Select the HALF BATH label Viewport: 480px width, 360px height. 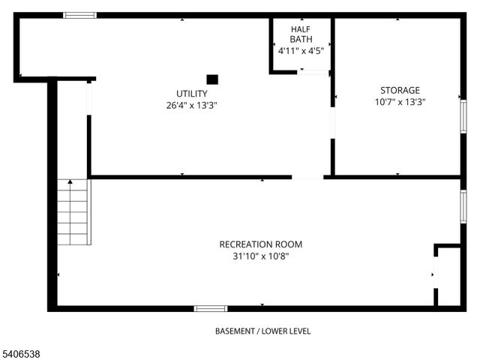[301, 34]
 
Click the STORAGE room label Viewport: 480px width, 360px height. [400, 90]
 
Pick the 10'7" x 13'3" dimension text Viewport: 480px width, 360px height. [400, 102]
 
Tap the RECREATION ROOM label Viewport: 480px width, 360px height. [261, 244]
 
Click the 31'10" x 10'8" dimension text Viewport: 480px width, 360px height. [261, 256]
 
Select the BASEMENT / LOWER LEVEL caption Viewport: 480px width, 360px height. [262, 331]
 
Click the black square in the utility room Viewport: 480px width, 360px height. [212, 79]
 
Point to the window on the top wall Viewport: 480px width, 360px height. [79, 15]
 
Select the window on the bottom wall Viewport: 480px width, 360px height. [211, 307]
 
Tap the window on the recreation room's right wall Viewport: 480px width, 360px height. [463, 206]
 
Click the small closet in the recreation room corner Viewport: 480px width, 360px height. [448, 276]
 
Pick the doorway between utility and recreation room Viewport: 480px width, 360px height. [307, 177]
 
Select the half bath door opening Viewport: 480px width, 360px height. [315, 72]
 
